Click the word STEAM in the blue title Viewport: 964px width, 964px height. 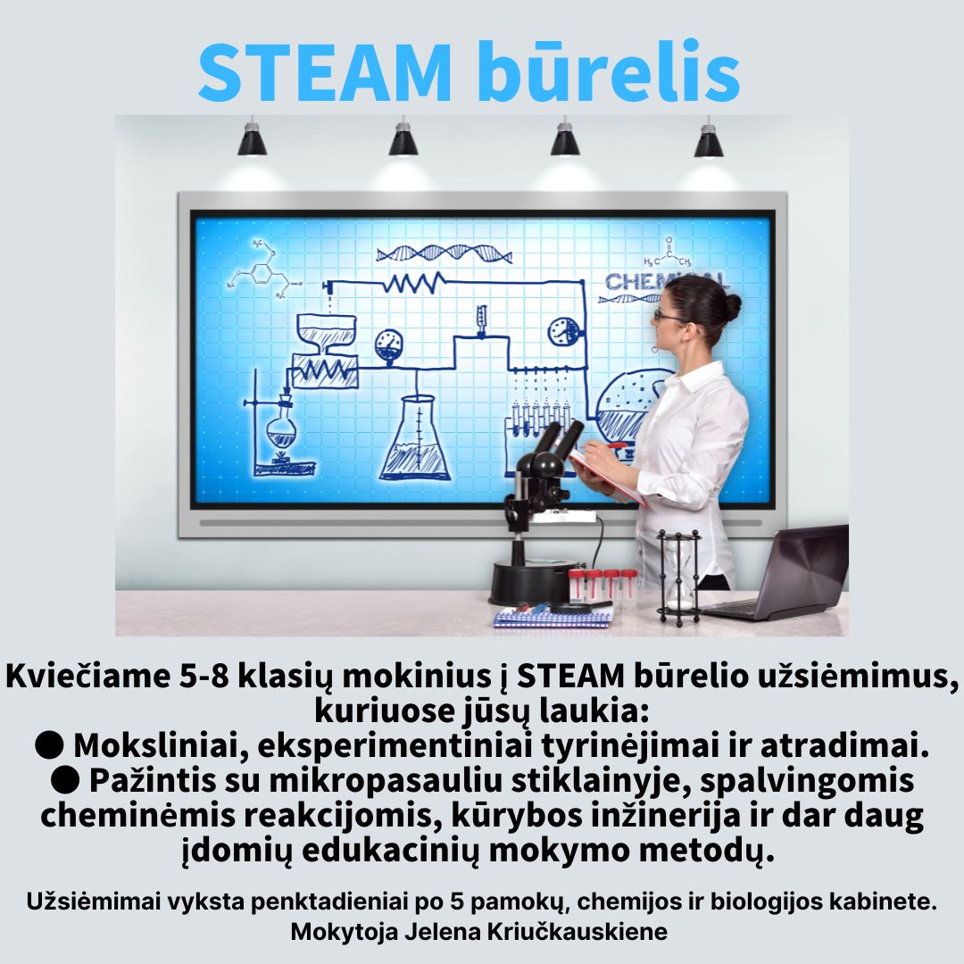tap(325, 72)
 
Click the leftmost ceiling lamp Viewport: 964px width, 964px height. tap(252, 138)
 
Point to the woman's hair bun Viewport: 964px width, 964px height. tap(732, 305)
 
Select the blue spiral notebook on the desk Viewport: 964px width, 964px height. tap(553, 617)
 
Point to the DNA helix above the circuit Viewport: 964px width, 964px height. tap(444, 253)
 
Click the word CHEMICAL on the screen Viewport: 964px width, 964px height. tap(666, 281)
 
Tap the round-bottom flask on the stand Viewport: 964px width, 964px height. tap(281, 429)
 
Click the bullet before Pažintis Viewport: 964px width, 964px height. tap(65, 780)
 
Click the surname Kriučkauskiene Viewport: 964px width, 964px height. tap(578, 931)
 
